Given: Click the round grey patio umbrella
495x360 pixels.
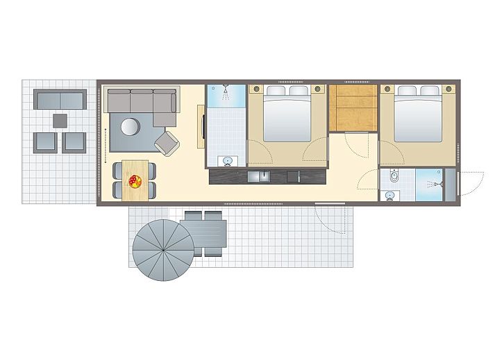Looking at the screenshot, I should click(x=163, y=248).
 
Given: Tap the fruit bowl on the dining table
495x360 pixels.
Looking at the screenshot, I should click(x=134, y=181).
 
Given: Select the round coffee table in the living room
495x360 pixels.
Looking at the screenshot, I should click(x=130, y=126).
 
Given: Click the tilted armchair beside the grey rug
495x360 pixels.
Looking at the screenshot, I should click(x=167, y=142).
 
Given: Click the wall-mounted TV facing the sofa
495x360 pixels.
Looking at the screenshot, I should click(x=202, y=128).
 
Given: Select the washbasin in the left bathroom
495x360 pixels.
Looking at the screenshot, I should click(x=226, y=161).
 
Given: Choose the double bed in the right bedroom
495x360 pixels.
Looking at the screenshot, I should click(x=419, y=114).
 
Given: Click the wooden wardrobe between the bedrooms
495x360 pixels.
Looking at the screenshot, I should click(x=353, y=107).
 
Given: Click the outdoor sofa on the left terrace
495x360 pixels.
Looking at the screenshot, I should click(x=60, y=100).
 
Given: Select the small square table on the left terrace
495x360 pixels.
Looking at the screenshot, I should click(x=60, y=121).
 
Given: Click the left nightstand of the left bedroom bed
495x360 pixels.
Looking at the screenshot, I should click(x=255, y=89).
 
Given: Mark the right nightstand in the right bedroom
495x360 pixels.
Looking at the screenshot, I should click(x=451, y=89).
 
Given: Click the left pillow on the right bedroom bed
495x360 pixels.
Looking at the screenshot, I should click(x=408, y=91).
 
